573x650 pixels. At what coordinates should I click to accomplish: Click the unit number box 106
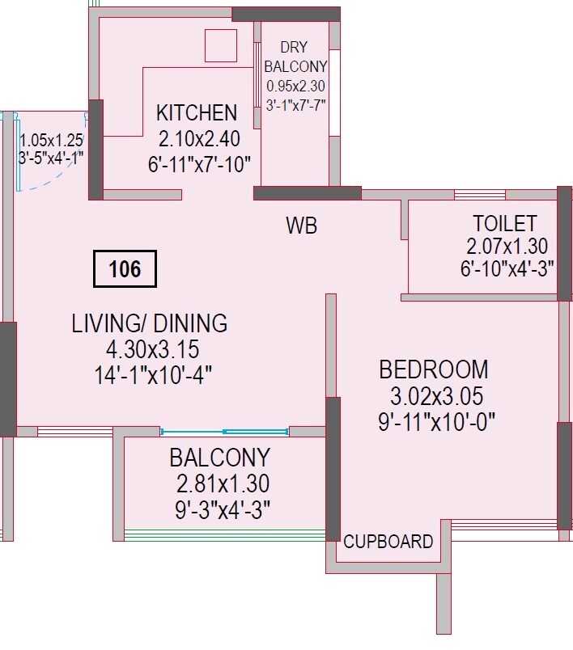click(x=125, y=269)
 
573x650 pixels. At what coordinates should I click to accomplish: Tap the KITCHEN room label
click(x=197, y=112)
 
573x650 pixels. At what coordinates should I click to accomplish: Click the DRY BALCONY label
click(x=296, y=57)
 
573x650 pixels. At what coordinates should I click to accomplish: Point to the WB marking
click(x=301, y=226)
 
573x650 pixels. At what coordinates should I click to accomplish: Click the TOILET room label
click(x=504, y=224)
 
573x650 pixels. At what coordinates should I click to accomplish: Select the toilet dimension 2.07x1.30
click(x=506, y=247)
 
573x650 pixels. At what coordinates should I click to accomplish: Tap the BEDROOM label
click(x=434, y=369)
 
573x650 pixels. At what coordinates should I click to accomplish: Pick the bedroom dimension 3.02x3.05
click(x=436, y=396)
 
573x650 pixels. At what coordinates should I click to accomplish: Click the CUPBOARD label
click(x=388, y=542)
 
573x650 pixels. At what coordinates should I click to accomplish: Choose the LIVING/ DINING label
click(x=150, y=323)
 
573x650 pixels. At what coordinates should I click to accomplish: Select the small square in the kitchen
click(x=220, y=45)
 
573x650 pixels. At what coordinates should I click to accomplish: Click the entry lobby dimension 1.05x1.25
click(x=52, y=139)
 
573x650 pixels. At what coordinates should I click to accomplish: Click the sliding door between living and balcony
click(x=224, y=432)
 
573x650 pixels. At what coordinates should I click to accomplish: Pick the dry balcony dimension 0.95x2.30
click(x=296, y=86)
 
